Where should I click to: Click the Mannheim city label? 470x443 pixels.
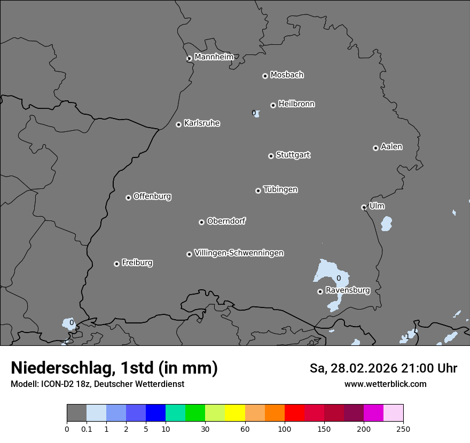click(x=214, y=57)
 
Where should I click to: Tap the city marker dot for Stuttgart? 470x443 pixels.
click(x=271, y=156)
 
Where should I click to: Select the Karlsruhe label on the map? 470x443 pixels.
click(x=202, y=123)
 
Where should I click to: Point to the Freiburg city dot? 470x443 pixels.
click(x=116, y=264)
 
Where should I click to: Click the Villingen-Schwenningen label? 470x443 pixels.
click(x=239, y=253)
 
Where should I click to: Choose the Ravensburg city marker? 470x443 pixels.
click(x=320, y=291)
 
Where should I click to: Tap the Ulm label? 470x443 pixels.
click(x=377, y=206)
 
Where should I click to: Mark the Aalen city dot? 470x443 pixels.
click(x=375, y=148)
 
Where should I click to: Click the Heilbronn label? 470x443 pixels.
click(x=296, y=104)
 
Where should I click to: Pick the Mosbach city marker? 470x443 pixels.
click(x=265, y=76)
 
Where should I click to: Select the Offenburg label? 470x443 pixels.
click(x=152, y=196)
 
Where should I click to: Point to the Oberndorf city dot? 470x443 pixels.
click(x=201, y=222)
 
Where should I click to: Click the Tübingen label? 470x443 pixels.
click(x=280, y=189)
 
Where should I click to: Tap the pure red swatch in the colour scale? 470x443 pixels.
click(x=294, y=413)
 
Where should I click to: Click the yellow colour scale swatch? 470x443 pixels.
click(x=234, y=413)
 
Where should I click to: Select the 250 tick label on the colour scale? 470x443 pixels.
click(x=403, y=429)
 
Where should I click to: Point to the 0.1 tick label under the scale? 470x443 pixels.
click(x=86, y=429)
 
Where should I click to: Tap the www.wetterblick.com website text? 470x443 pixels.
click(x=385, y=384)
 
